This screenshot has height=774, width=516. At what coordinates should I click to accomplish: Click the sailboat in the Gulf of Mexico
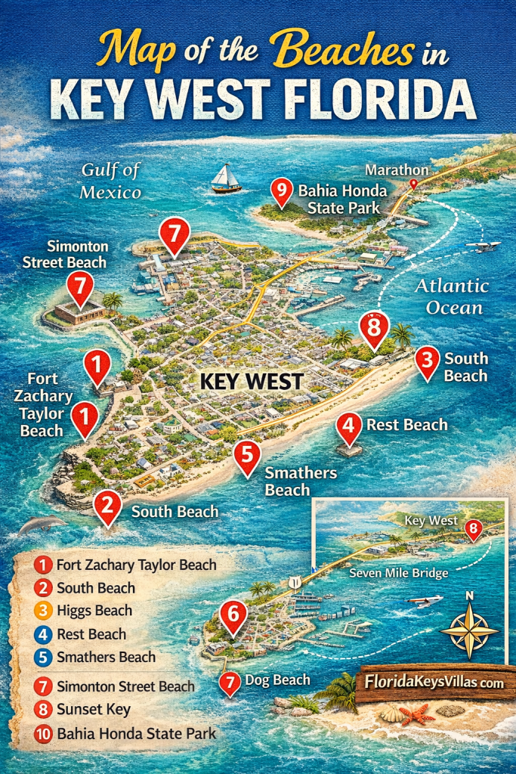coord(226,179)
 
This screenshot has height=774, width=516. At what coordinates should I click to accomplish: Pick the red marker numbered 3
coord(428,362)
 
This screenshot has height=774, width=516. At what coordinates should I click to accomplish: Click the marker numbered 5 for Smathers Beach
coord(247,457)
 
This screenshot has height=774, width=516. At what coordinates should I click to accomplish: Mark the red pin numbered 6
coord(233,615)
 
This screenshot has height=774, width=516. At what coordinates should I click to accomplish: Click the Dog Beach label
coord(277,680)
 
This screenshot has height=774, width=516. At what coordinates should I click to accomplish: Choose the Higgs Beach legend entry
coord(94,611)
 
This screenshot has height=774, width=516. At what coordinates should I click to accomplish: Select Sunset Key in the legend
coord(93,710)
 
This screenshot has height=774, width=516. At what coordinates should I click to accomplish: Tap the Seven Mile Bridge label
coord(399,574)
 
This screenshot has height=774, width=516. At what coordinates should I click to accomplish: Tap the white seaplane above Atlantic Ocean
coord(483,246)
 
